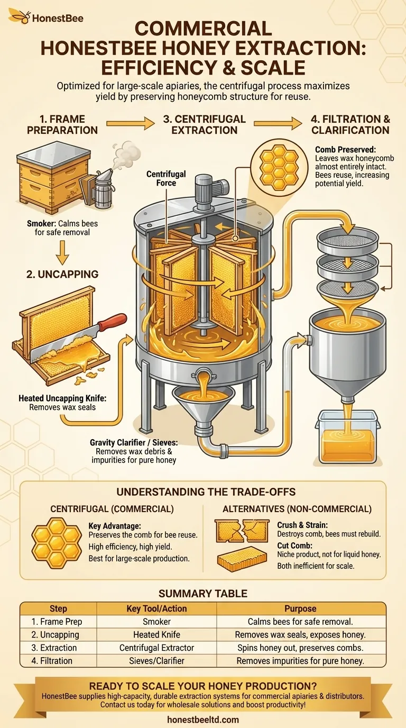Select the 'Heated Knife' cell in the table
tap(157, 634)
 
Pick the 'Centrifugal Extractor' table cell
tap(157, 648)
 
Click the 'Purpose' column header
tap(300, 608)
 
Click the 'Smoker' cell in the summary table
tap(157, 622)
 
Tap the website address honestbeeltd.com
tap(203, 720)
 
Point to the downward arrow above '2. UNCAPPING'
tap(62, 253)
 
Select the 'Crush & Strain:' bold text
tap(302, 525)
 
